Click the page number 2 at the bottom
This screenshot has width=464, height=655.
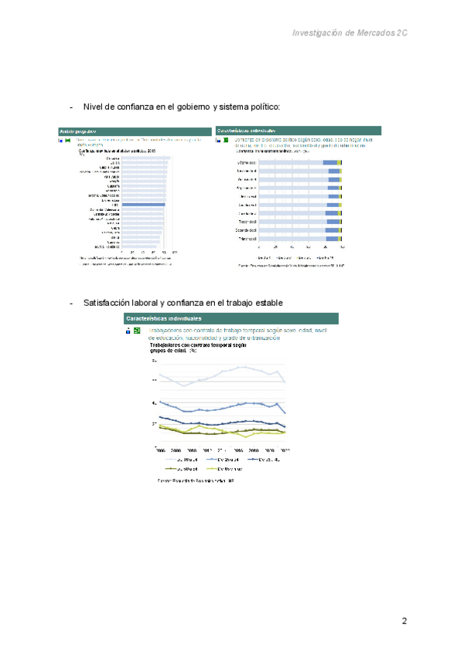(404, 621)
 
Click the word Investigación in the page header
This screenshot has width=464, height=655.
(319, 33)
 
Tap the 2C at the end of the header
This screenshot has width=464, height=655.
(401, 33)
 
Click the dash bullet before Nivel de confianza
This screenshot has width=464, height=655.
(71, 107)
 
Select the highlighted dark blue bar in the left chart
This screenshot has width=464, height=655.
(143, 204)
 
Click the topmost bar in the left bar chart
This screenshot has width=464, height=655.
(145, 158)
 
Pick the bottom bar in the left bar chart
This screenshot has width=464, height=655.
(141, 246)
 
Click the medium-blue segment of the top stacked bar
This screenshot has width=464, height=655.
(330, 163)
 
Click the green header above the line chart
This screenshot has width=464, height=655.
(230, 318)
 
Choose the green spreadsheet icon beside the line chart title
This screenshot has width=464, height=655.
(136, 331)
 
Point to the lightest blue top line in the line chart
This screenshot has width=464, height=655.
(232, 370)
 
